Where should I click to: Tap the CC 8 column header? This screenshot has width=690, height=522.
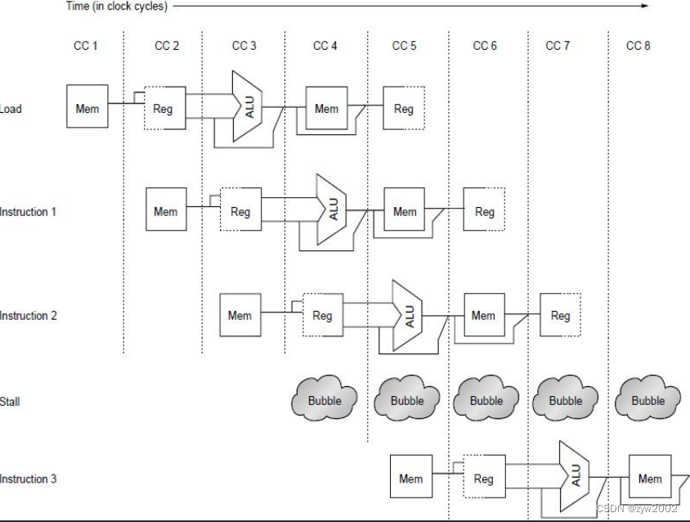click(x=638, y=46)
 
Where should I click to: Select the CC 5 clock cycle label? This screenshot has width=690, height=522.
click(x=404, y=46)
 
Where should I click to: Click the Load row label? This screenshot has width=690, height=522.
click(x=11, y=109)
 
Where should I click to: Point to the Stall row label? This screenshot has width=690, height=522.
click(x=11, y=402)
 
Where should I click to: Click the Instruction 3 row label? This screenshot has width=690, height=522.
click(x=29, y=479)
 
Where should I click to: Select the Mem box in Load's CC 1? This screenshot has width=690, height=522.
click(x=87, y=108)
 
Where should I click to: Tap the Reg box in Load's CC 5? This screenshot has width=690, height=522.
click(x=404, y=109)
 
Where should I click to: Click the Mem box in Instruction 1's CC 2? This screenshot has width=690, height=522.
click(x=166, y=212)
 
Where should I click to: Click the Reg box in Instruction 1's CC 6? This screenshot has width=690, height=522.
click(x=484, y=212)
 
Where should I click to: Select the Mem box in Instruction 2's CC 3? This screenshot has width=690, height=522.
click(x=240, y=315)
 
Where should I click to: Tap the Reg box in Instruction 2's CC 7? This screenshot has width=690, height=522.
click(x=560, y=315)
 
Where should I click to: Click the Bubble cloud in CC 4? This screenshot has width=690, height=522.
click(x=325, y=401)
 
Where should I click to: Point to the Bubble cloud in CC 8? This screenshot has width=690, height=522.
click(x=648, y=401)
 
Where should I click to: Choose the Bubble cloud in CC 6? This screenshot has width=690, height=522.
click(x=486, y=401)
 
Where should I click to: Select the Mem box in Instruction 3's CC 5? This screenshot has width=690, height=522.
click(x=411, y=479)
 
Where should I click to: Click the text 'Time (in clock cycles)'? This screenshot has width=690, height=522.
click(x=116, y=6)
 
